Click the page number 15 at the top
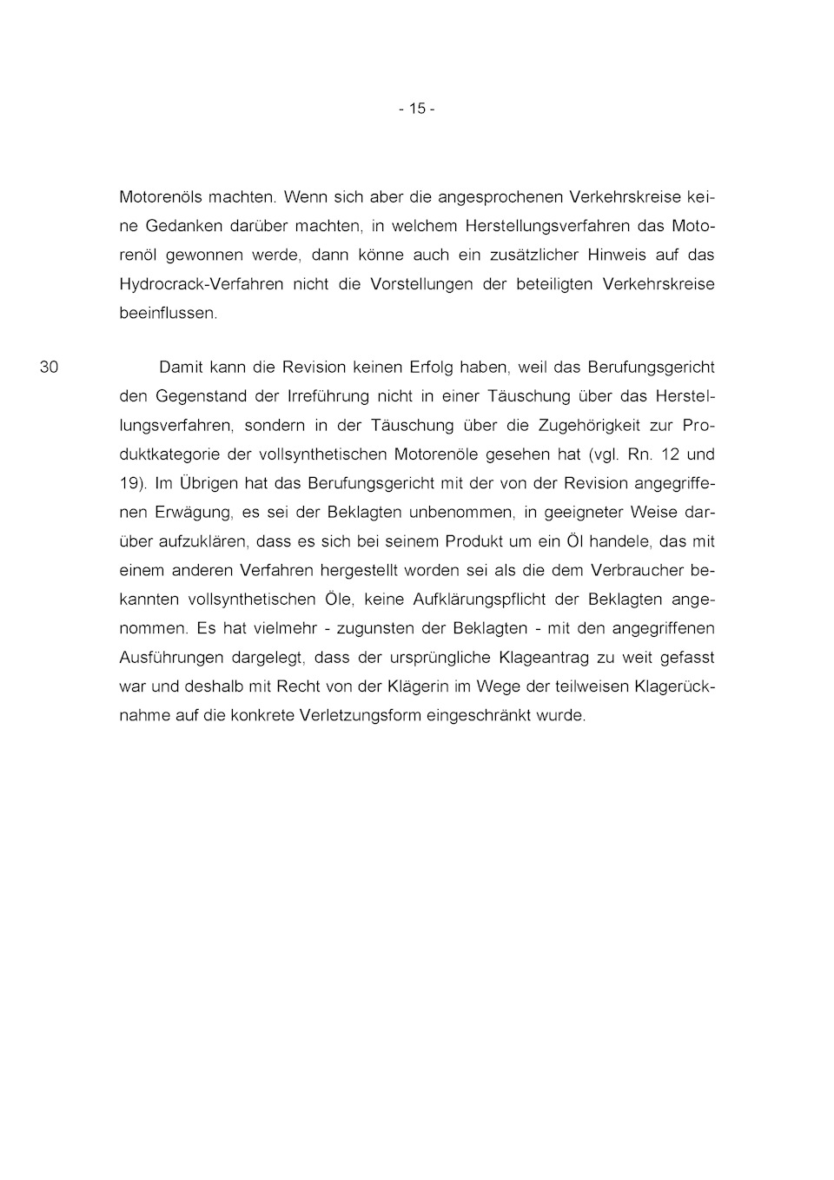click(417, 109)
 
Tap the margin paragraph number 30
click(50, 367)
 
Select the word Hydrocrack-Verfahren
click(201, 284)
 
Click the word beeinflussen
click(168, 313)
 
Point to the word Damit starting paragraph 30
click(180, 367)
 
